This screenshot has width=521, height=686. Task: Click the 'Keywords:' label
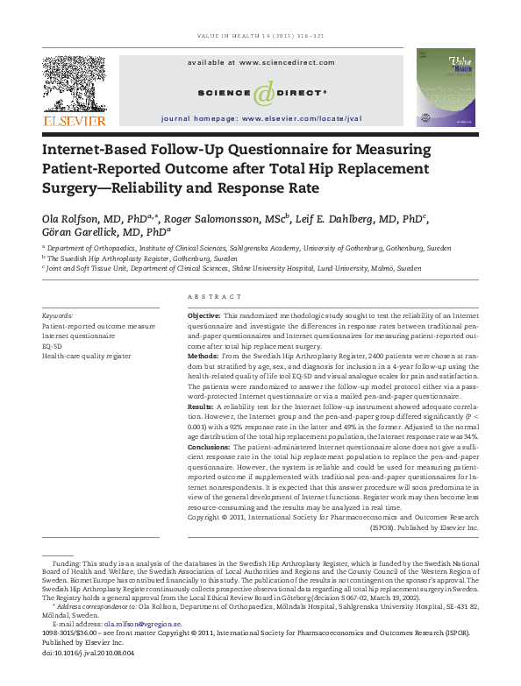click(x=59, y=315)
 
